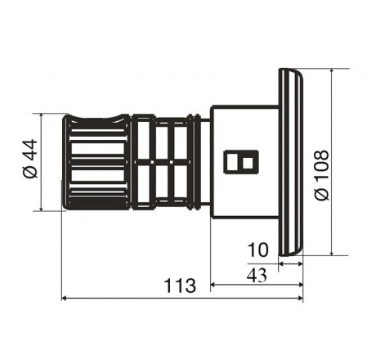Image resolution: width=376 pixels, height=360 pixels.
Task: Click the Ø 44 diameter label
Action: pyautogui.click(x=29, y=159)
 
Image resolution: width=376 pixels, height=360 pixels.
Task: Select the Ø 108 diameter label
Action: pyautogui.click(x=322, y=175)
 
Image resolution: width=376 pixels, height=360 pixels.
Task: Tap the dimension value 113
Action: pyautogui.click(x=180, y=286)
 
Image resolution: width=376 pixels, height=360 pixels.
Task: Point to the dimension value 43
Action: pyautogui.click(x=257, y=276)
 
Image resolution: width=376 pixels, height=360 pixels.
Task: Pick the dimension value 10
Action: pyautogui.click(x=257, y=250)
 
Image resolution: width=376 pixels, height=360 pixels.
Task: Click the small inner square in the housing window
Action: pyautogui.click(x=248, y=163)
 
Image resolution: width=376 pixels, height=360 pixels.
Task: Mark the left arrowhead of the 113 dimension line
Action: pyautogui.click(x=64, y=299)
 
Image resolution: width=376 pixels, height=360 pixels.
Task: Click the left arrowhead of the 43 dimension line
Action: pyautogui.click(x=213, y=285)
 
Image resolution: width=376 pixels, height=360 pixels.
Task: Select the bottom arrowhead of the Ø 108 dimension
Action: pyautogui.click(x=332, y=253)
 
